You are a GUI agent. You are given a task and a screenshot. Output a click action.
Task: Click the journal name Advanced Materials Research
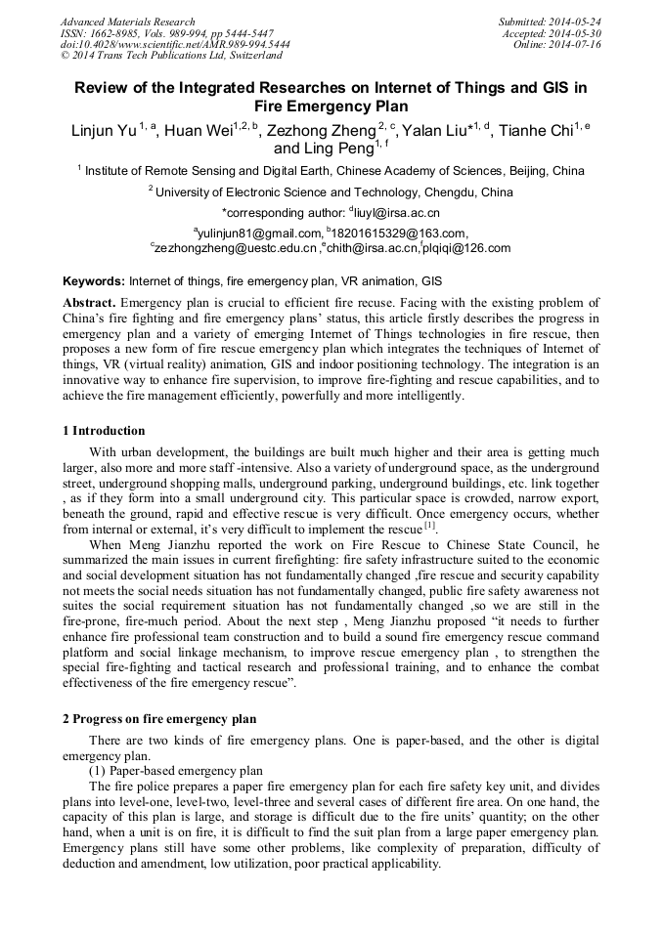click(x=127, y=21)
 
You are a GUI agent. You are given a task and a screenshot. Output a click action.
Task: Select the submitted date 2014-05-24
click(x=576, y=21)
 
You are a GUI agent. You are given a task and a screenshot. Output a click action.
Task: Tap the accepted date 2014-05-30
click(x=576, y=33)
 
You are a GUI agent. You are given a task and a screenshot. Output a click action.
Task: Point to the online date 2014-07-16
click(x=576, y=45)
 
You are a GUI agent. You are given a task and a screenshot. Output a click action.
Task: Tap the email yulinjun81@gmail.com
click(x=259, y=233)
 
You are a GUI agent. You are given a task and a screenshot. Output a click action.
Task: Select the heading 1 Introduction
click(x=104, y=431)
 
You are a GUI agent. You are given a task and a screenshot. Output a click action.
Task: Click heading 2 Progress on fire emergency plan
click(x=159, y=718)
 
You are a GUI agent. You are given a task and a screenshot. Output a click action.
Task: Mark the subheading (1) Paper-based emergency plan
click(x=176, y=770)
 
